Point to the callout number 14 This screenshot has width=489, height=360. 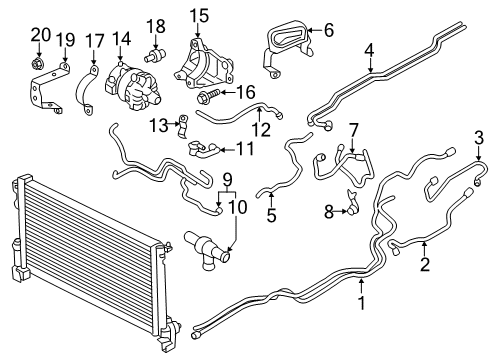point(122,40)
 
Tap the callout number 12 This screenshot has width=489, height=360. point(261,130)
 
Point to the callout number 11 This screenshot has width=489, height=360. point(244,150)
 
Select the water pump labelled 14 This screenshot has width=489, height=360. point(135,80)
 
